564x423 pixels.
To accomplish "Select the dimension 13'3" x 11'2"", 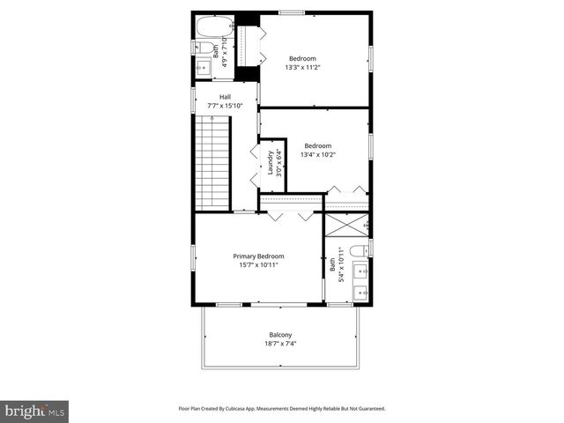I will pyautogui.click(x=302, y=67).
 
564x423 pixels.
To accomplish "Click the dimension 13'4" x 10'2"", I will pyautogui.click(x=317, y=154).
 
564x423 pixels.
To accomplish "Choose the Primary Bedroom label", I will pyautogui.click(x=258, y=256).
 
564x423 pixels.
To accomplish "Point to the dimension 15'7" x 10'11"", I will pyautogui.click(x=258, y=265).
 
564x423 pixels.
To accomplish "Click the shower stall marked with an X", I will pyautogui.click(x=346, y=225).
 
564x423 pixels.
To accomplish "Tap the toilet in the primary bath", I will pyautogui.click(x=359, y=251).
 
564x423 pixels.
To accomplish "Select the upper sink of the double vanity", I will pyautogui.click(x=360, y=271).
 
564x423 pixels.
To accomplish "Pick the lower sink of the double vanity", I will pyautogui.click(x=360, y=292).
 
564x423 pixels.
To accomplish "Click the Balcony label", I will pyautogui.click(x=280, y=334).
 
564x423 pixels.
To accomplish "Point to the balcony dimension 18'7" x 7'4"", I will pyautogui.click(x=280, y=344).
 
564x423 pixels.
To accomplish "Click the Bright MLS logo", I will pyautogui.click(x=34, y=411).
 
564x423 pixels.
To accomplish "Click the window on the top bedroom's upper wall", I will pyautogui.click(x=292, y=12).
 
